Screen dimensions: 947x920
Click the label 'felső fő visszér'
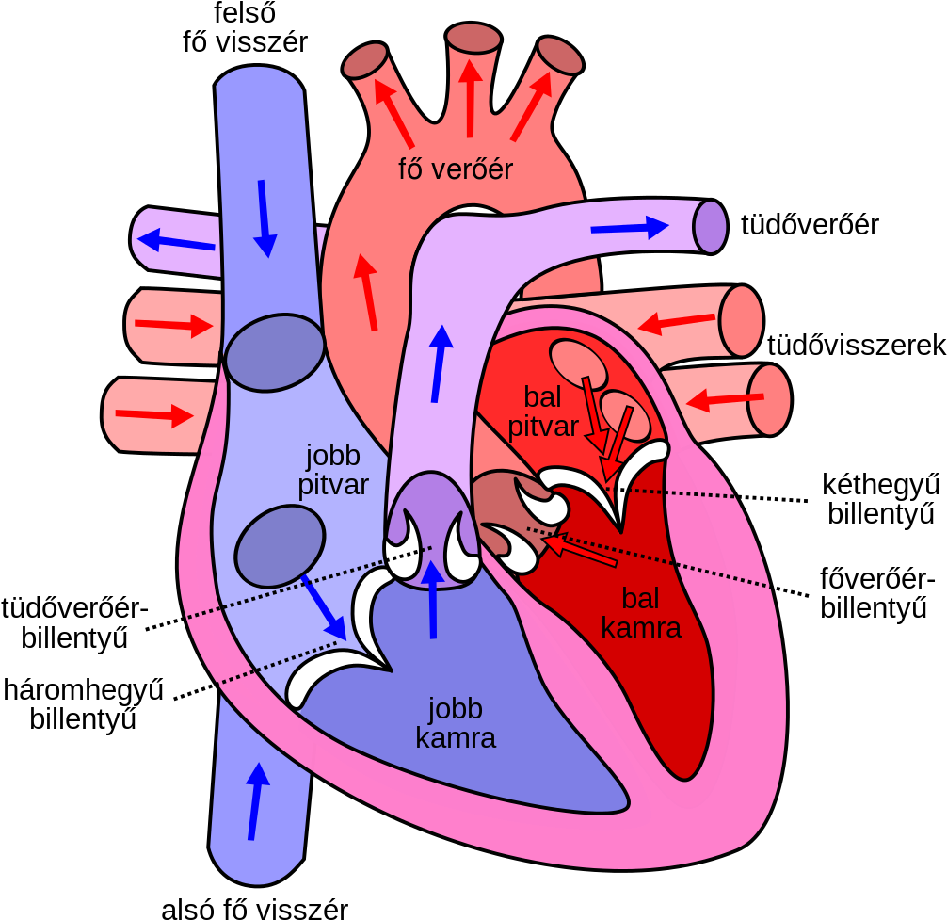point(245,28)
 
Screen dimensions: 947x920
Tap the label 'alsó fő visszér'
point(255,908)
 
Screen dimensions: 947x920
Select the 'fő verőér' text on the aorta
point(456,169)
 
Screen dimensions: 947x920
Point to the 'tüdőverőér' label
point(810,225)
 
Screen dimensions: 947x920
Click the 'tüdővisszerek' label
point(857,346)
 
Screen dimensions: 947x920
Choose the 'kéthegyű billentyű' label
point(881,500)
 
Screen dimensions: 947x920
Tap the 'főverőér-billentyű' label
point(877,593)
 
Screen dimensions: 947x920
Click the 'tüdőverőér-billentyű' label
point(75,622)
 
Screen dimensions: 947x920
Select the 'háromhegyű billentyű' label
point(84,705)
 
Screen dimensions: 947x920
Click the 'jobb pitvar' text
point(333,470)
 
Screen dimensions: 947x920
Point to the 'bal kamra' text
point(641,613)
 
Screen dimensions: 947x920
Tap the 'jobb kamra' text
point(456,723)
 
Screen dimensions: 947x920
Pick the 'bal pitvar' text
point(543,412)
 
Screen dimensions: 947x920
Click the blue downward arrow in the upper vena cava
point(264,218)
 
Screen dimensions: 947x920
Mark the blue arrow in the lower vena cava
point(257,801)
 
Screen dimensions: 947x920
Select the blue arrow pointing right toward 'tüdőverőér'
point(630,228)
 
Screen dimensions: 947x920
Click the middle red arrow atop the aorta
point(470,99)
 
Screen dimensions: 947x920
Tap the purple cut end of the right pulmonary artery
point(711,227)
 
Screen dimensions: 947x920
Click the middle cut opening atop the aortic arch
point(473,38)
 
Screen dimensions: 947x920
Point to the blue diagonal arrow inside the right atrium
point(324,607)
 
